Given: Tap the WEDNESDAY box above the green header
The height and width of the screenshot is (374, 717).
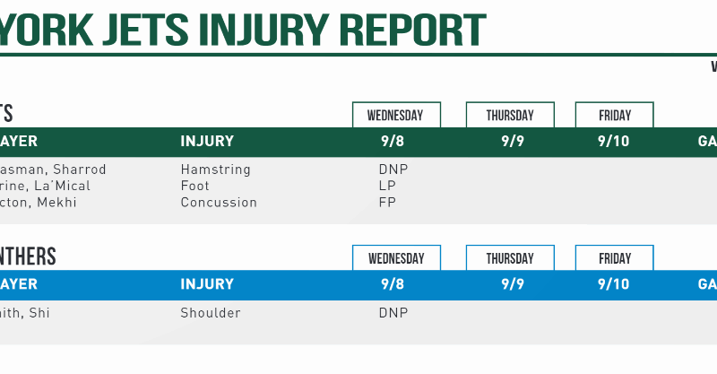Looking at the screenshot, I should click(x=396, y=115).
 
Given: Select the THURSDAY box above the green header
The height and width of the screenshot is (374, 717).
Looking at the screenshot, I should click(x=509, y=115).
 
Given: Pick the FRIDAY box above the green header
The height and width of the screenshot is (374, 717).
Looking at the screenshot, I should click(x=614, y=115).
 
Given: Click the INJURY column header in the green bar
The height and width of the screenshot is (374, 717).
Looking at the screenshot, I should click(x=207, y=141).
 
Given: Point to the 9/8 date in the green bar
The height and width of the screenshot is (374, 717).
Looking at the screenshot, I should click(x=393, y=141).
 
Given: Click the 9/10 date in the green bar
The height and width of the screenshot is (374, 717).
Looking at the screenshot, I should click(x=613, y=141).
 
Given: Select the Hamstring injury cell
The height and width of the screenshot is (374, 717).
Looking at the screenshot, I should click(x=215, y=170).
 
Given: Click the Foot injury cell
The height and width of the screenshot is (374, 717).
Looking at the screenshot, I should click(x=195, y=186).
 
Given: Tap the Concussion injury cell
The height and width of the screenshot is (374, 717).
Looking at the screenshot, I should click(x=219, y=203).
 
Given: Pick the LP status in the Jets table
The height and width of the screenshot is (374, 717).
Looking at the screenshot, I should click(x=387, y=186).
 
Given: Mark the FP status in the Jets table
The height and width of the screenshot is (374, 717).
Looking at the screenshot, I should click(x=387, y=203).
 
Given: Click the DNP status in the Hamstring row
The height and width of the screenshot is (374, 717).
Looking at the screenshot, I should click(x=393, y=170).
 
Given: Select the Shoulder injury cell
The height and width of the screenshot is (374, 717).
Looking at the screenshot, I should click(x=211, y=313).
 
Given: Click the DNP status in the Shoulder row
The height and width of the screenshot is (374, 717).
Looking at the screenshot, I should click(x=393, y=313).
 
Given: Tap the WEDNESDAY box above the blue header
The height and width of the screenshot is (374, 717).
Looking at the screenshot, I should click(x=396, y=258).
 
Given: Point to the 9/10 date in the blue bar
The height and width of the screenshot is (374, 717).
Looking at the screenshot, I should click(x=613, y=284).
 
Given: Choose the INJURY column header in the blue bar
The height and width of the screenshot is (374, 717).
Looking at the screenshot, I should click(x=207, y=284).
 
